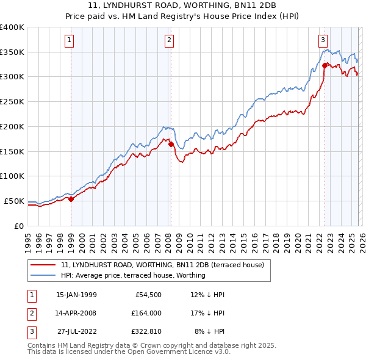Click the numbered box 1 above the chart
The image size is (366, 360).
tap(70, 41)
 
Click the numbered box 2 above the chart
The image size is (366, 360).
tap(169, 41)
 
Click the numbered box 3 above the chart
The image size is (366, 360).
tap(322, 41)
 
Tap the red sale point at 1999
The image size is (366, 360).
tap(71, 198)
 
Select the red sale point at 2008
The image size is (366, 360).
tap(171, 145)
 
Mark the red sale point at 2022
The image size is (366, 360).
tap(325, 65)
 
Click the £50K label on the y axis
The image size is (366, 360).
tap(14, 201)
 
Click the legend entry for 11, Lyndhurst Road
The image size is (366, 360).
tap(162, 265)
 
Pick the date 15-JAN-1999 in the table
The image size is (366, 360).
tap(76, 295)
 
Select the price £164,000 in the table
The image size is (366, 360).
tap(146, 313)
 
